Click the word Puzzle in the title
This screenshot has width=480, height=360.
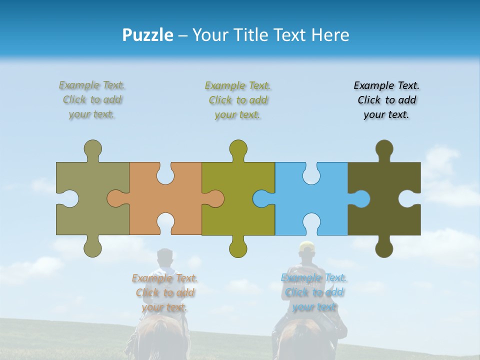tap(148, 35)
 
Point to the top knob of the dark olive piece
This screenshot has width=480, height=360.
tap(384, 149)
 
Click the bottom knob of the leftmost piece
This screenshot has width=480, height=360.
tap(92, 247)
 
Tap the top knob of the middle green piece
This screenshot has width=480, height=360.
tap(238, 149)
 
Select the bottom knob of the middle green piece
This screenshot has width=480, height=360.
tap(238, 247)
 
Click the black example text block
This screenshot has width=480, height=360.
tap(386, 100)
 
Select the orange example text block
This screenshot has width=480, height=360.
tap(165, 292)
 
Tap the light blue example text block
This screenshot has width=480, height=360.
tap(314, 292)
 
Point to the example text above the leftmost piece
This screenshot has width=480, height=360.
tap(92, 100)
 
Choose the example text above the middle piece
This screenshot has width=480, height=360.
tap(238, 100)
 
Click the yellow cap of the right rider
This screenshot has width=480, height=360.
tap(306, 245)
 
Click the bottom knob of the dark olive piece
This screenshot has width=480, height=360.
tap(384, 247)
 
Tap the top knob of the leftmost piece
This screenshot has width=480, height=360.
tap(92, 149)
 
